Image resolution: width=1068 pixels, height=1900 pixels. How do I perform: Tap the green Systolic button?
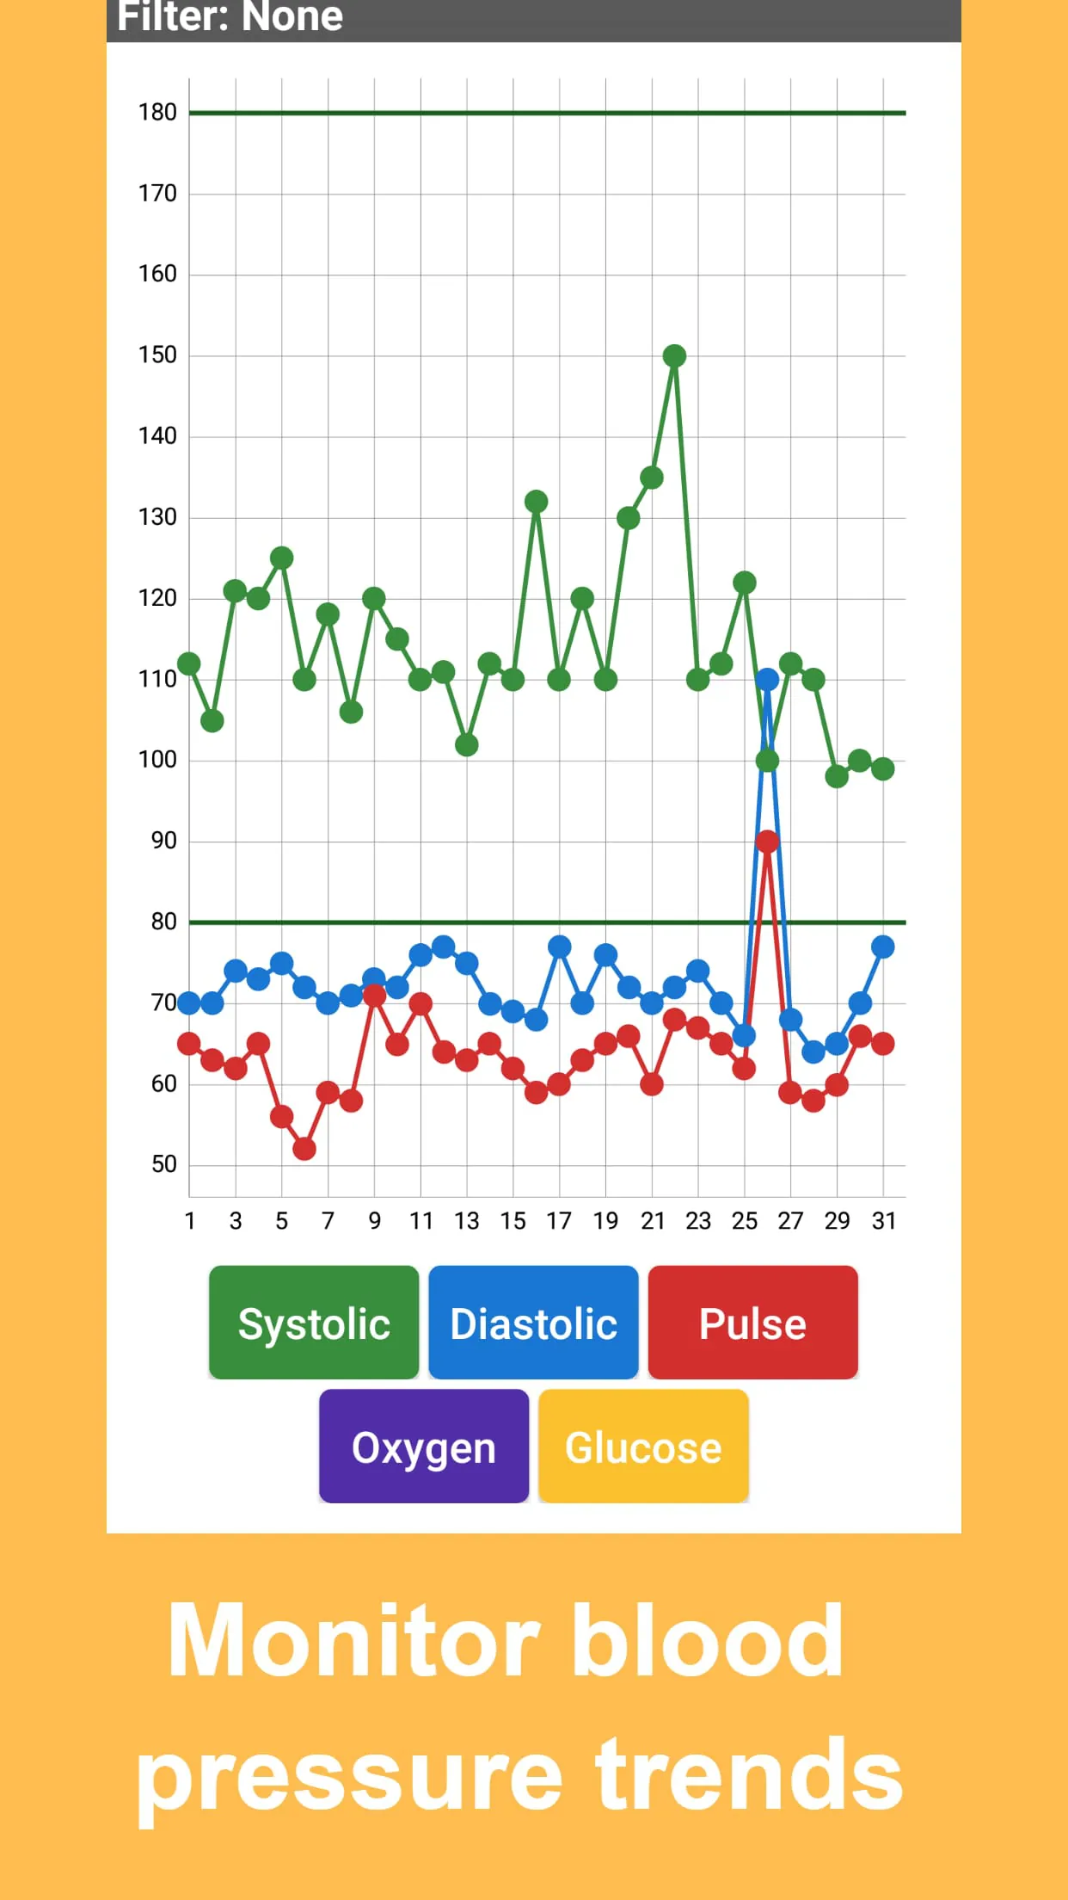[x=313, y=1323]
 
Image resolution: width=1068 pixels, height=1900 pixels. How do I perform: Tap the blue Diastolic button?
[x=533, y=1323]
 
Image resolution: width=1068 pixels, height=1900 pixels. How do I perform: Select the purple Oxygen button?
[x=423, y=1447]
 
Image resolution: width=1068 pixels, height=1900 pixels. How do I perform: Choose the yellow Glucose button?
[x=643, y=1447]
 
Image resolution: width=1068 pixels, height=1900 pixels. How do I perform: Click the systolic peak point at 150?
[x=674, y=355]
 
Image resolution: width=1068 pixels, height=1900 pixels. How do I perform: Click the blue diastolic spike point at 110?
[x=767, y=679]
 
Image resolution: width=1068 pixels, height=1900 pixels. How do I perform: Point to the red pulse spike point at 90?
[x=767, y=842]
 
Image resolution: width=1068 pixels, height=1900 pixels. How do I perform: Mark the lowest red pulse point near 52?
[x=304, y=1149]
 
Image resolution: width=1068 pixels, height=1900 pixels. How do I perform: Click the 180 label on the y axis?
[x=157, y=112]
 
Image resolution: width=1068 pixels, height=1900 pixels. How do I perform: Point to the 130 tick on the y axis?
[x=157, y=516]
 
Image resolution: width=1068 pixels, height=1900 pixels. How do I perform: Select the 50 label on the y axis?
[x=163, y=1164]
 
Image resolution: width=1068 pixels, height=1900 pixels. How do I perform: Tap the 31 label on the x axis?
[x=883, y=1221]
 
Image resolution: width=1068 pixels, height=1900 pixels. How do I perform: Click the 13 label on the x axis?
[x=466, y=1221]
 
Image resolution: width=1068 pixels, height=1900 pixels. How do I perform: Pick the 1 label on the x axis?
[x=189, y=1221]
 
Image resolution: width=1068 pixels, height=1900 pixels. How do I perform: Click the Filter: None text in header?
[x=230, y=17]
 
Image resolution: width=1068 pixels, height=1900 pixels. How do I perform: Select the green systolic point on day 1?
[x=189, y=663]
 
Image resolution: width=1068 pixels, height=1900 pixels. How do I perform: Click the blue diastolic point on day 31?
[x=882, y=947]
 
